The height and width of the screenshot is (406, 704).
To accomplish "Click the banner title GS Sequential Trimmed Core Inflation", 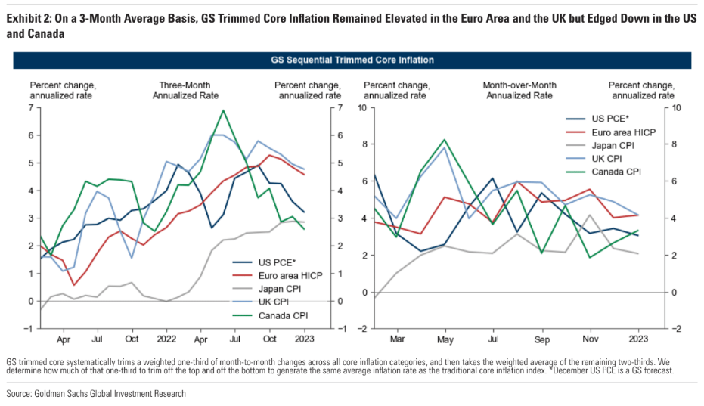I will pyautogui.click(x=352, y=59).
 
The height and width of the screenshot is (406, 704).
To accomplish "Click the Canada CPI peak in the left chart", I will pyautogui.click(x=222, y=110).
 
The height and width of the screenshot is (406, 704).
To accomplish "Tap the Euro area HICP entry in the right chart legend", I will pyautogui.click(x=624, y=132).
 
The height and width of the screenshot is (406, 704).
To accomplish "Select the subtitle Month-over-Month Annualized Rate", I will pyautogui.click(x=520, y=90).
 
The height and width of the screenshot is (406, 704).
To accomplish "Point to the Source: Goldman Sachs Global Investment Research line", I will pyautogui.click(x=95, y=393).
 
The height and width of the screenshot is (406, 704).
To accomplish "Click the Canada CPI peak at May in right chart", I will pyautogui.click(x=445, y=140).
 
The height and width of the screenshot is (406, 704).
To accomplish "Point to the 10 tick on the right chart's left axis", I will pyautogui.click(x=362, y=108).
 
